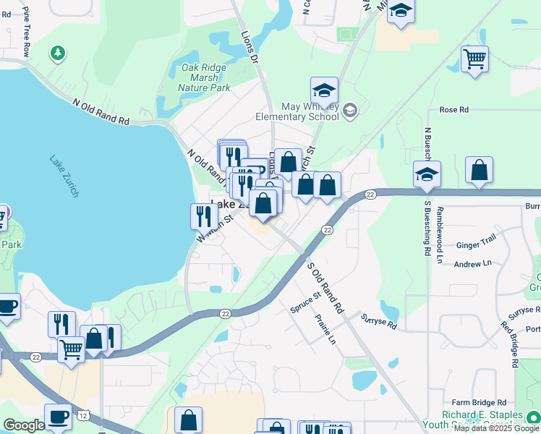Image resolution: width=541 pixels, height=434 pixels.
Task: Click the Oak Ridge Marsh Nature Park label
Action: (205, 77)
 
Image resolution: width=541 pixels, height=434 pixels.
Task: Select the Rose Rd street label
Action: (453, 110)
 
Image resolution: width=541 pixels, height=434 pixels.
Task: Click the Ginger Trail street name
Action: (476, 245)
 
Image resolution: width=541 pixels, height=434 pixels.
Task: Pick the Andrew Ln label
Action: (472, 264)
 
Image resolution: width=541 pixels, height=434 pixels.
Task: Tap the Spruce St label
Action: (305, 303)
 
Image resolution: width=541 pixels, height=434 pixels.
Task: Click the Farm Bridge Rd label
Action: (479, 402)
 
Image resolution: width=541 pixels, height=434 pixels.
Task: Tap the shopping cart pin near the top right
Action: (474, 59)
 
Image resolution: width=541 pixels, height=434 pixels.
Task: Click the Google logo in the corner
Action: (23, 425)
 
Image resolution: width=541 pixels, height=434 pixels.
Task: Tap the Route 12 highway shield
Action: (85, 414)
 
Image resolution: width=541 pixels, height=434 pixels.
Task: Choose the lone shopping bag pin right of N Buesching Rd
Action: (479, 171)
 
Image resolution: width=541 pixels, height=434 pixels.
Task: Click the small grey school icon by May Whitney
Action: (350, 110)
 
